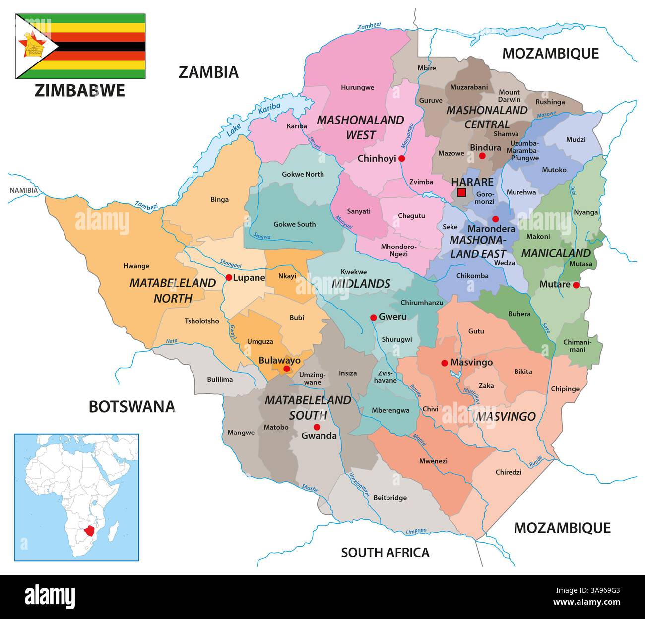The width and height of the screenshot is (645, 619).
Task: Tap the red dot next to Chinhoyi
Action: (x=402, y=159)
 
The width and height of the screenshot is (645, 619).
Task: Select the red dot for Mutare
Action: (x=576, y=285)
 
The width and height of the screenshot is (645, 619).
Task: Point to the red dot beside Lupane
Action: (x=228, y=277)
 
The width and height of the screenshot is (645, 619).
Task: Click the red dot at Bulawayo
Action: (x=286, y=369)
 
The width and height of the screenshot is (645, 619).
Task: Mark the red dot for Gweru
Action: (x=373, y=317)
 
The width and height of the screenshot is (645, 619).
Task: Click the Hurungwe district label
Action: (x=357, y=87)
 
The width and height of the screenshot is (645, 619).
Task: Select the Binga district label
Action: (x=220, y=199)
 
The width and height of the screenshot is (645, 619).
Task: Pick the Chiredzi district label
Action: (x=509, y=472)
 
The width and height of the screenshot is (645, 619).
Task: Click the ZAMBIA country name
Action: (x=208, y=72)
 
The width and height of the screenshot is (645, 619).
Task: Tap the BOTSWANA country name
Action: (x=131, y=406)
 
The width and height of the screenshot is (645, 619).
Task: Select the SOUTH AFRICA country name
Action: (x=385, y=552)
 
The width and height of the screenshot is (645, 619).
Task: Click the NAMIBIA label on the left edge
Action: (x=23, y=190)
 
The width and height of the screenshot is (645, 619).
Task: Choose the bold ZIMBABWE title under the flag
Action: (x=79, y=90)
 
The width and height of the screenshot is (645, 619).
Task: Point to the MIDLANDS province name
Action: (x=360, y=284)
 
